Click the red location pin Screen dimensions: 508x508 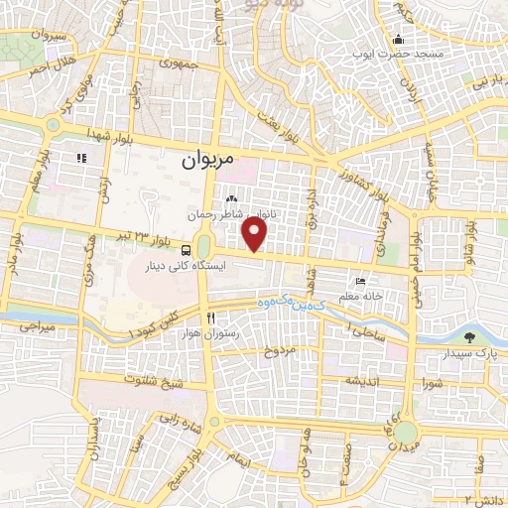(x=256, y=234)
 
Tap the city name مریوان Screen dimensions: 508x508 (x=211, y=158)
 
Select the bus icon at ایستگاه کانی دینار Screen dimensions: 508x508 (x=189, y=250)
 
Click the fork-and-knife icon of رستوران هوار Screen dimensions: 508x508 (x=211, y=318)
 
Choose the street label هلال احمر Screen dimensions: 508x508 (x=51, y=67)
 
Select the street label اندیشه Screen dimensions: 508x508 (x=355, y=382)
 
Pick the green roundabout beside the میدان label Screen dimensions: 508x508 (x=405, y=433)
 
